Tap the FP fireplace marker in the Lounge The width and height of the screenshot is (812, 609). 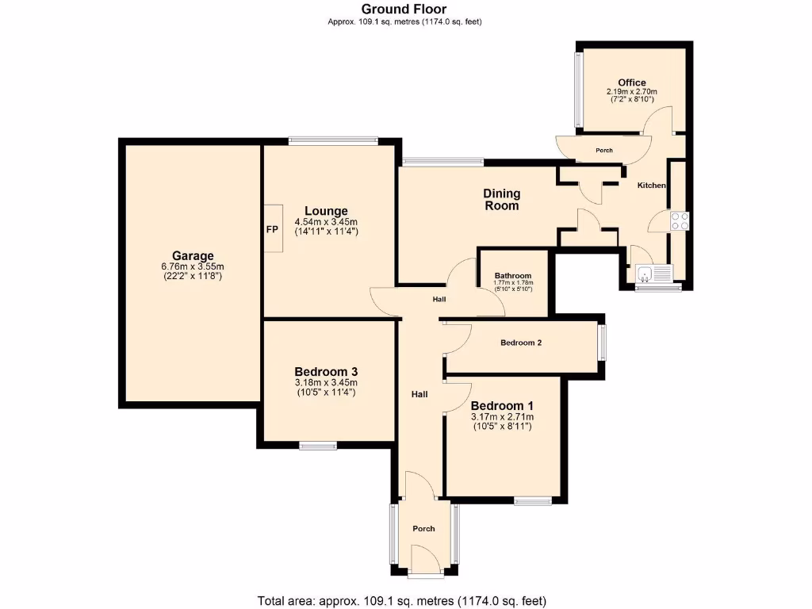pyautogui.click(x=271, y=228)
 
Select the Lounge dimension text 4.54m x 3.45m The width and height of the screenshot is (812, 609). pyautogui.click(x=326, y=221)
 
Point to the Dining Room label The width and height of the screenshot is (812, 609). pyautogui.click(x=502, y=200)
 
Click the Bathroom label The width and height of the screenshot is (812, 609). pyautogui.click(x=513, y=274)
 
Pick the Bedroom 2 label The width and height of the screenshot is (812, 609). pyautogui.click(x=521, y=343)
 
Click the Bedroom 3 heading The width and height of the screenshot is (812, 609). pyautogui.click(x=326, y=372)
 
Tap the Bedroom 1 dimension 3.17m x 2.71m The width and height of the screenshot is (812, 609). pyautogui.click(x=502, y=417)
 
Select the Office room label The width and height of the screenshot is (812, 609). pyautogui.click(x=632, y=82)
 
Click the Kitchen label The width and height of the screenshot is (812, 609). pyautogui.click(x=652, y=186)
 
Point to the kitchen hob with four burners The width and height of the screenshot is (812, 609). pyautogui.click(x=679, y=220)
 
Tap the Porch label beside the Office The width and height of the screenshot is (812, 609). pyautogui.click(x=604, y=150)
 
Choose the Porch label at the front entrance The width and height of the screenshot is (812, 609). pyautogui.click(x=424, y=529)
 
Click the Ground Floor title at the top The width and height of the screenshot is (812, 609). pyautogui.click(x=405, y=10)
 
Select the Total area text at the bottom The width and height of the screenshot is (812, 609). pyautogui.click(x=402, y=600)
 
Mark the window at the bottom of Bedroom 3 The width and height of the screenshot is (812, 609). pyautogui.click(x=318, y=445)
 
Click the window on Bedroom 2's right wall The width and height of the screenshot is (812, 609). pyautogui.click(x=602, y=343)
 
